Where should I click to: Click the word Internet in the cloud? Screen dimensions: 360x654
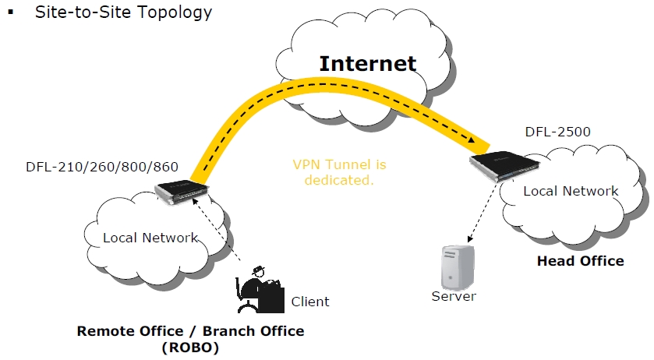[367, 63]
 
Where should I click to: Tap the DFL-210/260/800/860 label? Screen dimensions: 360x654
[102, 166]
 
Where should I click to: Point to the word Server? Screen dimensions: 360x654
[454, 296]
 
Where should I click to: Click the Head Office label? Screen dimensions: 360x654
[580, 260]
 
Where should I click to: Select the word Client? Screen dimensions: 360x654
[310, 302]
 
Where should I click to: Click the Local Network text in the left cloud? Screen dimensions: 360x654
[150, 238]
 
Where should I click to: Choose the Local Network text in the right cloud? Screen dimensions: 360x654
[571, 191]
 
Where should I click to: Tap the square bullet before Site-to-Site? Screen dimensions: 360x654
[11, 12]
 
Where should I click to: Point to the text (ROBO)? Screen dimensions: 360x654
[190, 348]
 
